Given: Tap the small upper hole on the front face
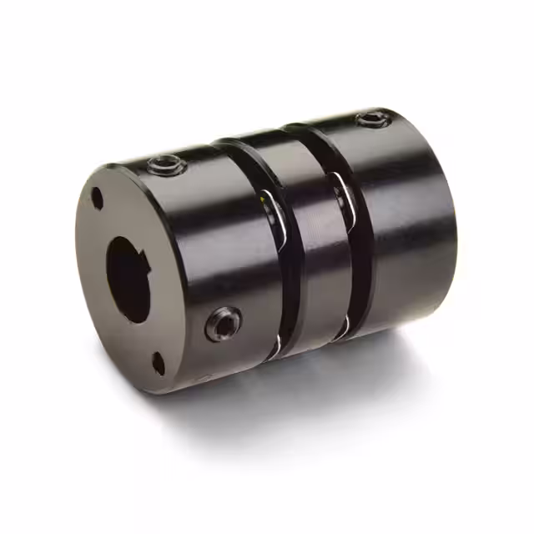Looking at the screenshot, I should tap(98, 199).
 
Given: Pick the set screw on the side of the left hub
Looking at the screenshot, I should tap(224, 323).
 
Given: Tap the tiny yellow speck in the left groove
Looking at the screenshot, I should tap(263, 200).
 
